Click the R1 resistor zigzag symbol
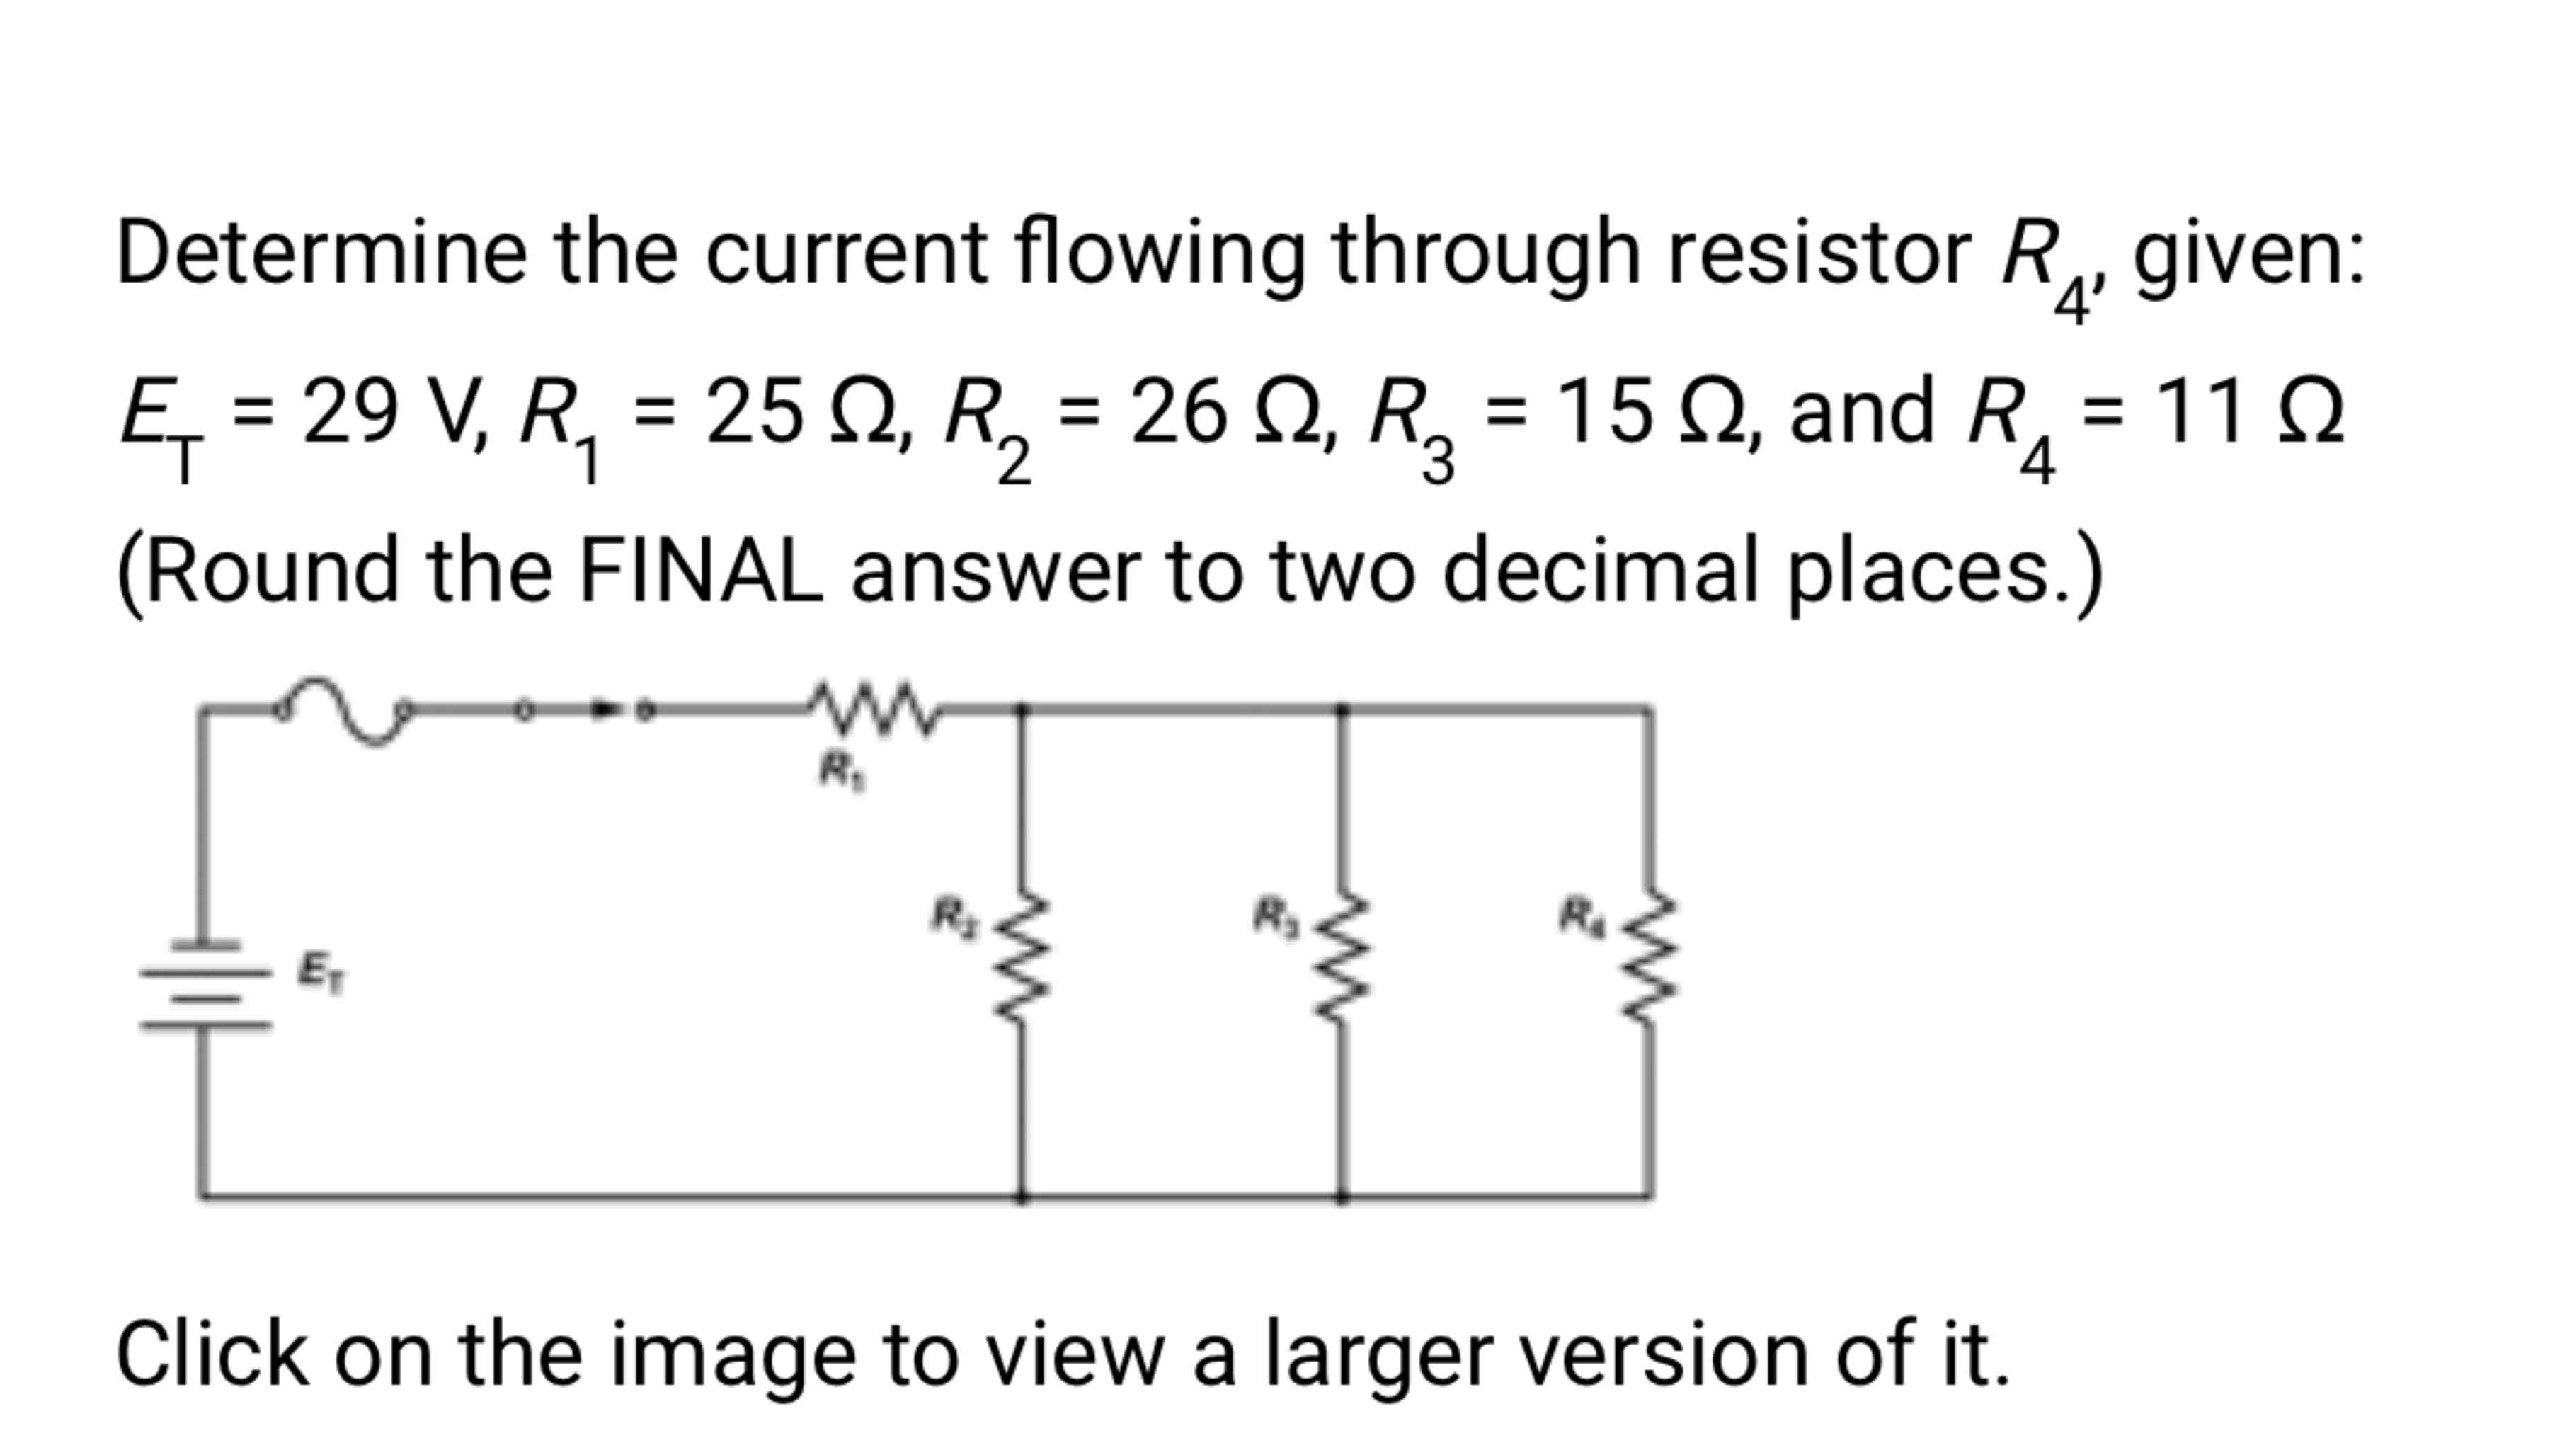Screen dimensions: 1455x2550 (872, 707)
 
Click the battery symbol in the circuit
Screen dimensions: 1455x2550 (205, 984)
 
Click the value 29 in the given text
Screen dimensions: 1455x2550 (349, 411)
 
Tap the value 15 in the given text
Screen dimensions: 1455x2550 (1603, 411)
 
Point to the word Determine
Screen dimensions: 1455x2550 (321, 252)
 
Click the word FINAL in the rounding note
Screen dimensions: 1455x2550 (700, 571)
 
